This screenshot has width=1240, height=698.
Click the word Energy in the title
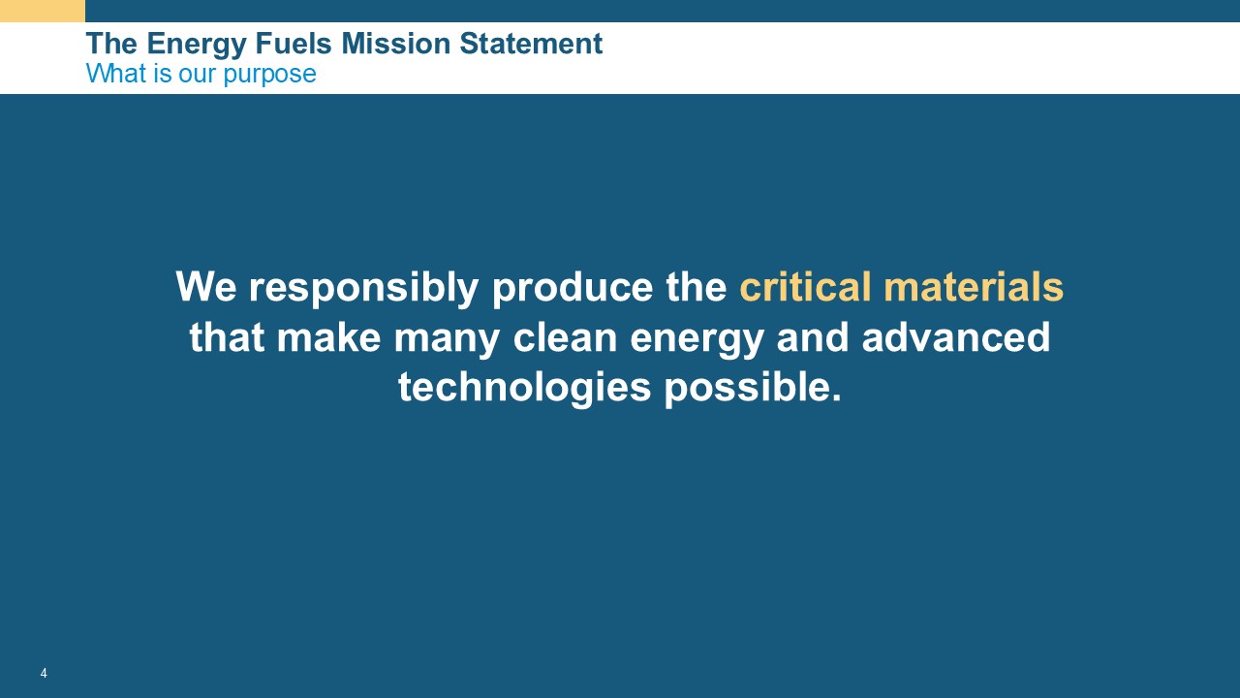(197, 45)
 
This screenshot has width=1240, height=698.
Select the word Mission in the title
(396, 44)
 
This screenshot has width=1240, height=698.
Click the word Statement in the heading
(531, 44)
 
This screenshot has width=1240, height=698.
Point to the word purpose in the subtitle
(269, 75)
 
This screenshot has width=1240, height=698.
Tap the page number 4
(44, 673)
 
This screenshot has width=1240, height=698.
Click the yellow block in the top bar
(43, 11)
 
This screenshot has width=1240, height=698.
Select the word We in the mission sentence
(206, 286)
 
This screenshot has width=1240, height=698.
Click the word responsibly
(363, 289)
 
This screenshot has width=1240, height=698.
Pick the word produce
(573, 289)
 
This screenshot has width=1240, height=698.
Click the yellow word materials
(974, 286)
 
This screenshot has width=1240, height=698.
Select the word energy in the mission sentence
(697, 340)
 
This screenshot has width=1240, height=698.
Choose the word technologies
(524, 389)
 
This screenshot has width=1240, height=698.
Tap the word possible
(753, 389)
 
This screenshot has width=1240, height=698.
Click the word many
(447, 340)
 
